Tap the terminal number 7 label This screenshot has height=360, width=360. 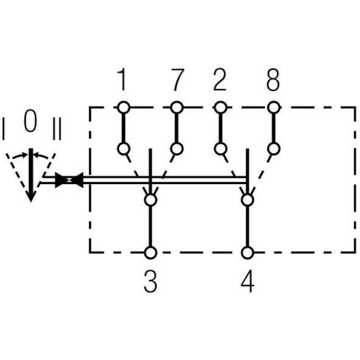coord(177,80)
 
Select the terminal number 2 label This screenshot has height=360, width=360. coord(220,80)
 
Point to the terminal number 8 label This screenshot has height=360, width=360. coord(273,80)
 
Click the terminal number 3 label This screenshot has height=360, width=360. coord(150,281)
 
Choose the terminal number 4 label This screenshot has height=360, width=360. coord(247,281)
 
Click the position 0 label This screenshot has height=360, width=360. coord(31,120)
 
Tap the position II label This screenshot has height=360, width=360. coord(57,129)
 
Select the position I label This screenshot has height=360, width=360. coord(3,129)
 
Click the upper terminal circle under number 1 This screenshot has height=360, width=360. coord(124,107)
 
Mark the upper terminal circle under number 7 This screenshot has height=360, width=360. coord(177,107)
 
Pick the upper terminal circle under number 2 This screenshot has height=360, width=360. coord(220,107)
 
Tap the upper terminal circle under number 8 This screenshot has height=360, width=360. coord(274,107)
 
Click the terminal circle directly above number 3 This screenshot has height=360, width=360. coord(151,252)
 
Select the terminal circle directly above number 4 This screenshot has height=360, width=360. coord(247,252)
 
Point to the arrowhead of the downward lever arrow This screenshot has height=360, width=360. coord(31,196)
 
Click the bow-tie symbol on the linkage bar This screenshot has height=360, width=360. coord(69,180)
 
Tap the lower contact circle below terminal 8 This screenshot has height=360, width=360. coord(274,148)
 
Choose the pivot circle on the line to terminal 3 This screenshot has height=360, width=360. coord(151,200)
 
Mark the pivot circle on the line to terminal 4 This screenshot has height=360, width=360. coord(247,200)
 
